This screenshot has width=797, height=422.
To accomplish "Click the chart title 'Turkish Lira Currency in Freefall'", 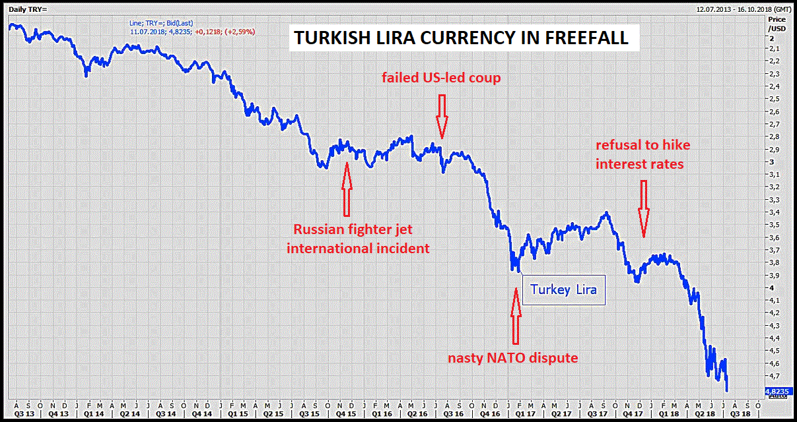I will pos(461,38).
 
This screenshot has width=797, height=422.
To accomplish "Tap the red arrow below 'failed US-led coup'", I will pos(442,115).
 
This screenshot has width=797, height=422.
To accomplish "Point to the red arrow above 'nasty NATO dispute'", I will pos(516,315).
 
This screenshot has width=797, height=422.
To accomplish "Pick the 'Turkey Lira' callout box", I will pos(563,290).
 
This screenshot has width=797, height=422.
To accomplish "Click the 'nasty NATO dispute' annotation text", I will pos(513,358).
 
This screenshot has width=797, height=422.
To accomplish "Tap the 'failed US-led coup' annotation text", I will pos(441,78).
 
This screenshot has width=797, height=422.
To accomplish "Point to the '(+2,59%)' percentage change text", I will pos(240,32).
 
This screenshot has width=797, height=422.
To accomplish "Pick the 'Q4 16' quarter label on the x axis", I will pos(491,413).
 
